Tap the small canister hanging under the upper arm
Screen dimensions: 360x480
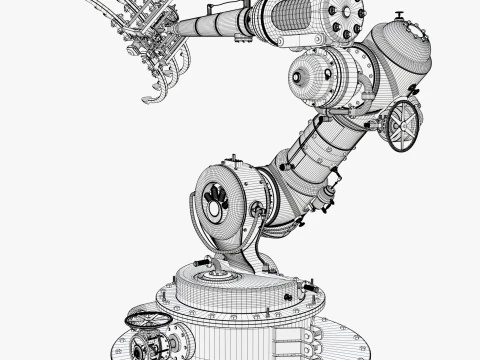(x=325, y=200)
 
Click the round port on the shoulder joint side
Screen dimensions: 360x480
(x=259, y=210)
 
